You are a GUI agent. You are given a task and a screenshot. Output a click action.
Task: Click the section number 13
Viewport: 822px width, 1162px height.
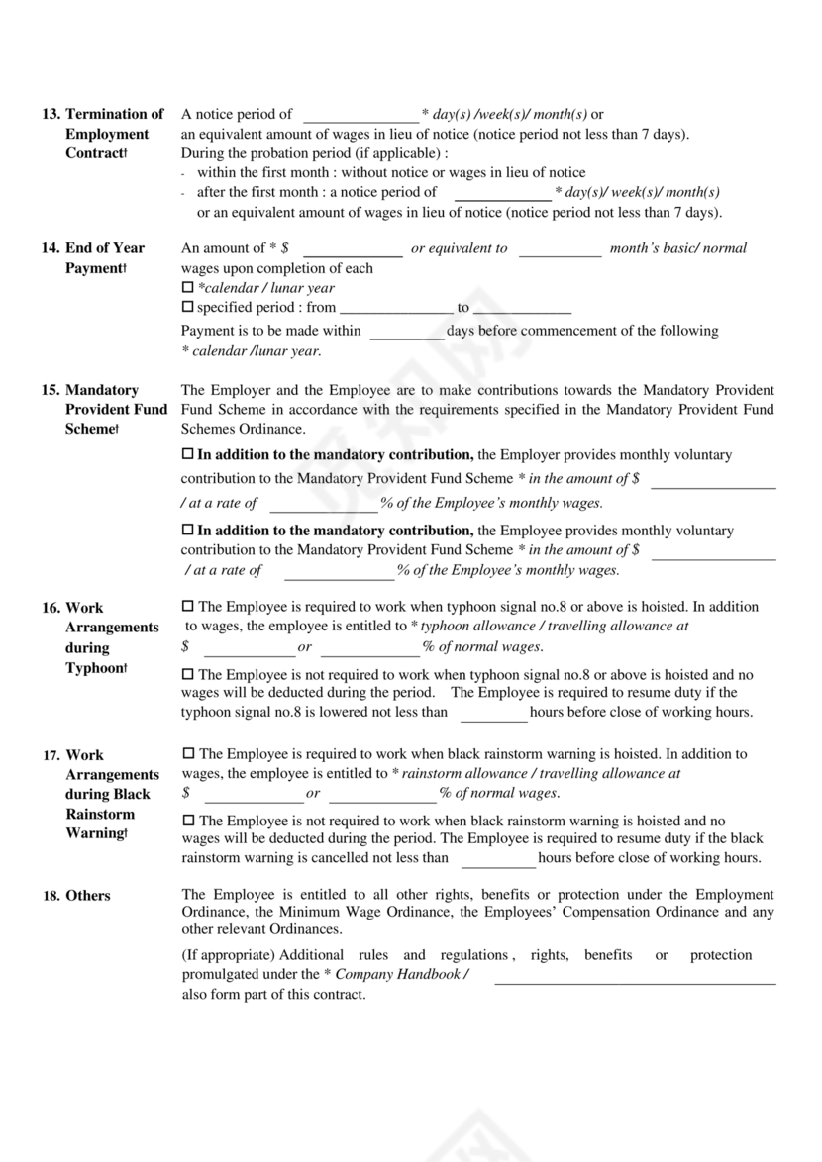tap(50, 114)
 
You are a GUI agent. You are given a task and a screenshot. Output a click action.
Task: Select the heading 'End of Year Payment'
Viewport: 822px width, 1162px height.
tap(105, 258)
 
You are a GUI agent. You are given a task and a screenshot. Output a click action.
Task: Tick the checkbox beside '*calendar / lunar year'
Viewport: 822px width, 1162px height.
tap(188, 288)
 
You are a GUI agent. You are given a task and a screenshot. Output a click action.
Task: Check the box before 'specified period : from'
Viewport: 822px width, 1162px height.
tap(188, 308)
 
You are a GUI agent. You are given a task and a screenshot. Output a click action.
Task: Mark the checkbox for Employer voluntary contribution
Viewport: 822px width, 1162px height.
tap(188, 455)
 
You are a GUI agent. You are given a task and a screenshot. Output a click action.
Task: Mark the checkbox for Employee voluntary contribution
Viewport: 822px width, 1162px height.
tap(188, 531)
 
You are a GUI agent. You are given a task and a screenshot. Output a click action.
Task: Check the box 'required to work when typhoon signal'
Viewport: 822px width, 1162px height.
tap(188, 606)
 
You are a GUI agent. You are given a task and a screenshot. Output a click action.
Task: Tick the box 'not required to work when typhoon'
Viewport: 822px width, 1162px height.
tap(188, 675)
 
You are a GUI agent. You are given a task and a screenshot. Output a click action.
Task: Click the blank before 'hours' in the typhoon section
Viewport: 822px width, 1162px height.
tap(494, 713)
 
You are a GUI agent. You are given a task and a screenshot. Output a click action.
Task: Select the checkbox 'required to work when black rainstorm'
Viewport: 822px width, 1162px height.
tap(188, 754)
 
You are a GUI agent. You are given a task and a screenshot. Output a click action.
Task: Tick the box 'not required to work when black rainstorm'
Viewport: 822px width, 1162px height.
tap(188, 821)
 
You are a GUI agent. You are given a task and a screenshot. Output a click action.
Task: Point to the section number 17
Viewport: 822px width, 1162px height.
tap(51, 755)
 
